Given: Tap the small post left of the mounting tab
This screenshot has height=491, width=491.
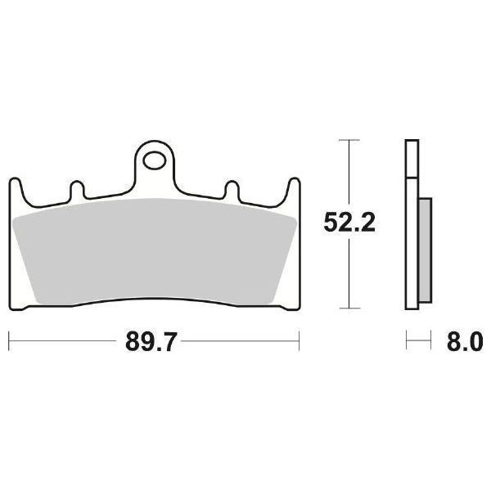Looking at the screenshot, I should (x=78, y=190).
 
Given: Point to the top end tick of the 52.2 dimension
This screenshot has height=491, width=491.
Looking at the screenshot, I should (x=349, y=141).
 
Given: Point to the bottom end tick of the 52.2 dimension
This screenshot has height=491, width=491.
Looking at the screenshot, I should (x=349, y=309).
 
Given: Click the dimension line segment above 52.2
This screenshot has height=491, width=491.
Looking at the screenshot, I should (x=349, y=172).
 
